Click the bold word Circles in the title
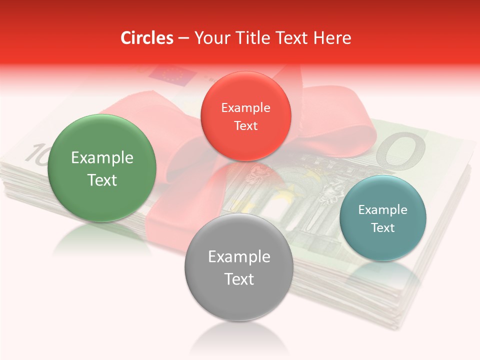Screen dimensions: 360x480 pyautogui.click(x=146, y=38)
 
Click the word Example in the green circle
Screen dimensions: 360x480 pyautogui.click(x=102, y=158)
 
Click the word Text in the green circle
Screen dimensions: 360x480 pyautogui.click(x=102, y=180)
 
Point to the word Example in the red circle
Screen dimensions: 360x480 pyautogui.click(x=245, y=108)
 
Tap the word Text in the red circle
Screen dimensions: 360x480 pyautogui.click(x=245, y=125)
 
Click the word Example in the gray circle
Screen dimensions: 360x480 pyautogui.click(x=239, y=257)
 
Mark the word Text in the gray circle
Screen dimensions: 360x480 pyautogui.click(x=239, y=279)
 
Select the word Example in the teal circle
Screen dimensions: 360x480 pyautogui.click(x=383, y=210)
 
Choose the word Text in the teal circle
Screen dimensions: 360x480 pyautogui.click(x=383, y=228)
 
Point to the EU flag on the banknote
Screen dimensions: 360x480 pyautogui.click(x=178, y=75)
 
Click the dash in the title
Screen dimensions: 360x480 pyautogui.click(x=183, y=38)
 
